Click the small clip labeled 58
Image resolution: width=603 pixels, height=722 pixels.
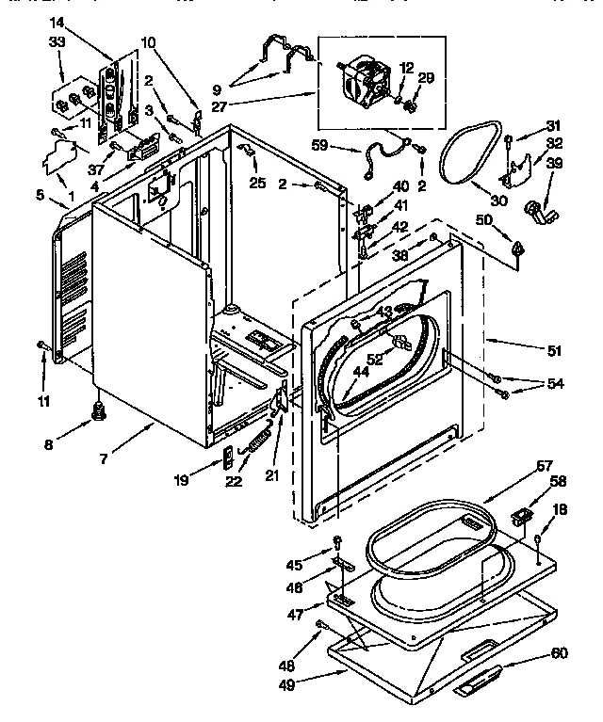pyautogui.click(x=522, y=517)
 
